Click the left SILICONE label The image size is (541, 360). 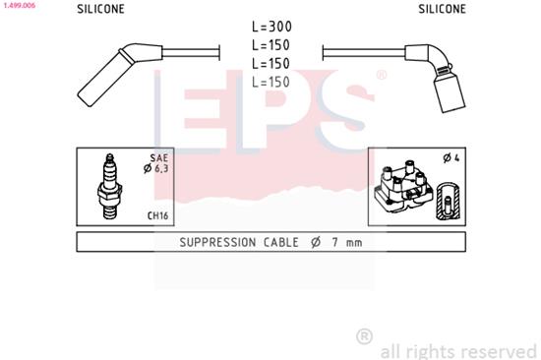(100, 9)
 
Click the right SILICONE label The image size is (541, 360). (442, 9)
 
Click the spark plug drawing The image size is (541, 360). (111, 188)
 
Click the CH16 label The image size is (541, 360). (157, 215)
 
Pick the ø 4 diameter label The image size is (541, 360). (451, 158)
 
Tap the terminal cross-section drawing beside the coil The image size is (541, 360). (448, 201)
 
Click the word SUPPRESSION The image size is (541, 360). (217, 242)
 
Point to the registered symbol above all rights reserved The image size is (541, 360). (363, 335)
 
